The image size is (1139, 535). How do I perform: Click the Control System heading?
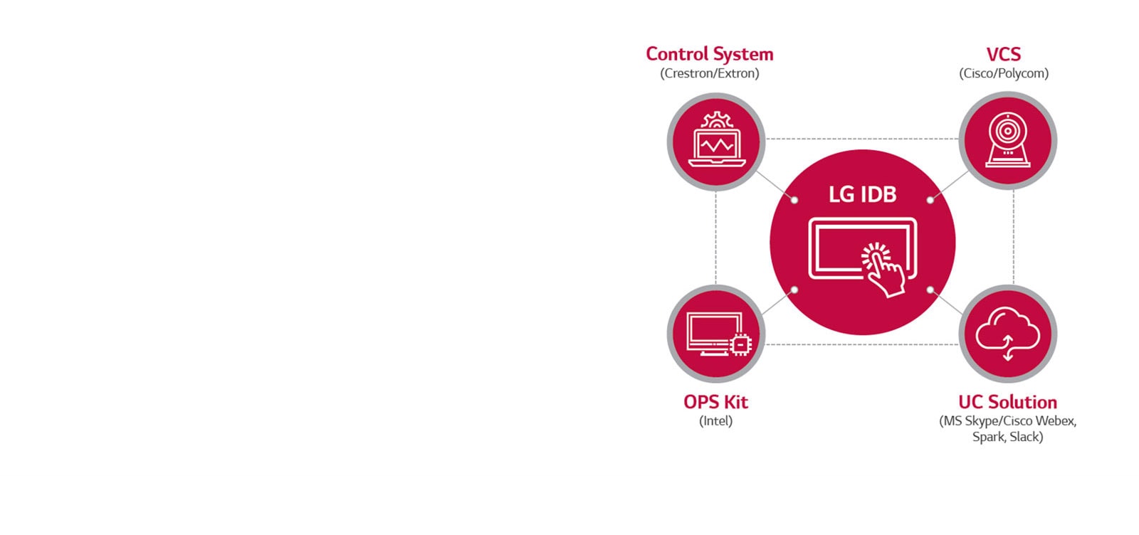click(x=709, y=54)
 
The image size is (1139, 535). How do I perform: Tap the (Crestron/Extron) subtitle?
click(x=709, y=73)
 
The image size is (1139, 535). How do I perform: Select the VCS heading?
click(x=1003, y=54)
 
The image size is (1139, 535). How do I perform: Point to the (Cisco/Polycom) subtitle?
click(x=1003, y=73)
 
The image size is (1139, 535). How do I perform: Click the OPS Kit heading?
click(x=715, y=402)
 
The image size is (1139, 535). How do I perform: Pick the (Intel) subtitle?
click(x=715, y=420)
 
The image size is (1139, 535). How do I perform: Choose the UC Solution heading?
click(x=1007, y=402)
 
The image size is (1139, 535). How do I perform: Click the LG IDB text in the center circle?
click(x=862, y=194)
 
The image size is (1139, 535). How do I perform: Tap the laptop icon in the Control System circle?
click(x=716, y=147)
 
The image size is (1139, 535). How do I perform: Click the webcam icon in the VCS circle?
click(x=1007, y=140)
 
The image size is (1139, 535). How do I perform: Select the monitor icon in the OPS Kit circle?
click(x=713, y=333)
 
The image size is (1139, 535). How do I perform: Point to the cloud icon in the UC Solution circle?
click(x=1007, y=329)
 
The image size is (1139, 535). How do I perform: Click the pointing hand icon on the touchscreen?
click(x=883, y=270)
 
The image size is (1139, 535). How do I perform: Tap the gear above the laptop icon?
click(x=716, y=120)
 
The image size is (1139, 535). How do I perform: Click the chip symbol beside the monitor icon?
click(x=740, y=344)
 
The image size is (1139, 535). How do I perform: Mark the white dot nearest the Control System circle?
click(x=794, y=200)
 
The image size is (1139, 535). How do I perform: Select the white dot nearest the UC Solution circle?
click(x=930, y=290)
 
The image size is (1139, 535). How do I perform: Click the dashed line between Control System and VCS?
click(x=862, y=139)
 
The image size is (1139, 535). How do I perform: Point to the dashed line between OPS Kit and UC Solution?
click(x=862, y=344)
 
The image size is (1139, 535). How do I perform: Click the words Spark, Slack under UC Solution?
click(x=1007, y=437)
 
